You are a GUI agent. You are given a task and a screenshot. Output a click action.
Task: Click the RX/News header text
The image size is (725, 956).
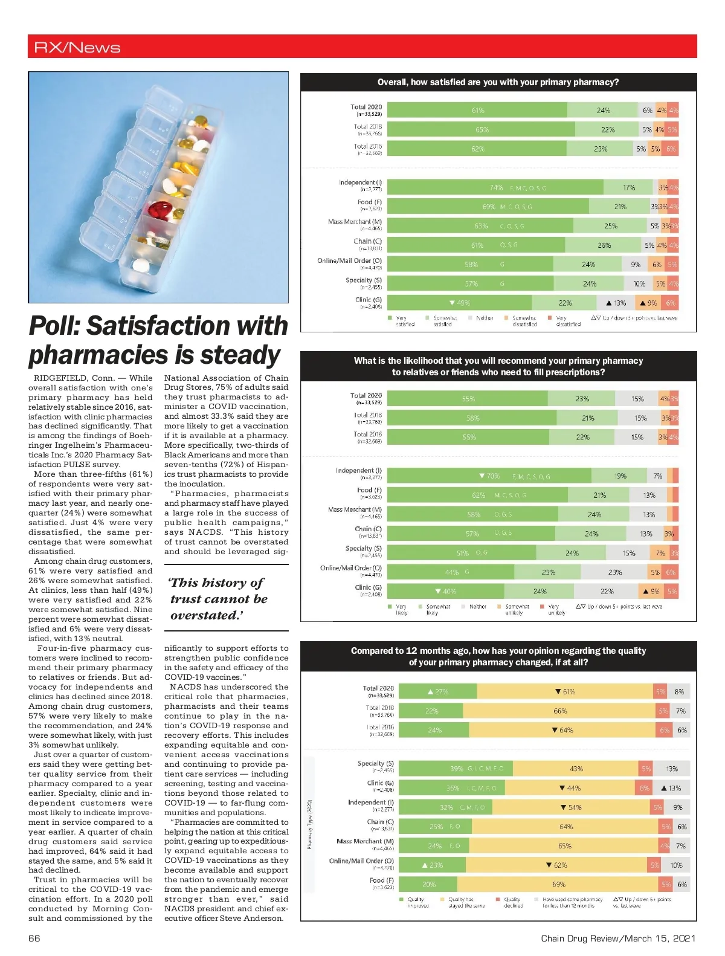point(77,47)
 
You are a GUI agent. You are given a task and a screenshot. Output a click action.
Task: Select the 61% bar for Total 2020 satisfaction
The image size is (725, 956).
point(477,110)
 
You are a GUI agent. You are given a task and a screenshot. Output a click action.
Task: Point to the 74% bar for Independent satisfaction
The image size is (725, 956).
point(495,187)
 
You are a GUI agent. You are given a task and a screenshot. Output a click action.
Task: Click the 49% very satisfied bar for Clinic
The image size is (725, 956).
point(460,303)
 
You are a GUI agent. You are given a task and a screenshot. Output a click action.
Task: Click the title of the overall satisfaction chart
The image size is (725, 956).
point(498,82)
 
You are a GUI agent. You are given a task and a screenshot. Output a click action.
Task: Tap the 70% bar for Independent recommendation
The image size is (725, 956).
point(489,476)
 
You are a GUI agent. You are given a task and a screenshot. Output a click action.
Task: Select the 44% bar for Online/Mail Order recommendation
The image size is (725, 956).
point(451,572)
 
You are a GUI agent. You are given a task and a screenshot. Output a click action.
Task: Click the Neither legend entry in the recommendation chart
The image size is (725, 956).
point(477,607)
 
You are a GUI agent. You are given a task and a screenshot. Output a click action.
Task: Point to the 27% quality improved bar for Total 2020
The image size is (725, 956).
point(438,692)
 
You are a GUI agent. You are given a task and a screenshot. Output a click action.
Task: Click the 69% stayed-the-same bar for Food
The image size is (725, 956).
point(558,884)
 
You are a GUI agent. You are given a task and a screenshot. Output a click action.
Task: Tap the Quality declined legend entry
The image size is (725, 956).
point(512,902)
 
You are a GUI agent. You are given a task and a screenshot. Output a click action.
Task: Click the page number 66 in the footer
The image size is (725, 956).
point(34,938)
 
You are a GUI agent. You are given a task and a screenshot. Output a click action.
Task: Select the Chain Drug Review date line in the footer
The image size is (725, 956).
point(617,938)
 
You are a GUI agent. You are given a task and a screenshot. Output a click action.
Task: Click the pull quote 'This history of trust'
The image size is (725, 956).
point(217,599)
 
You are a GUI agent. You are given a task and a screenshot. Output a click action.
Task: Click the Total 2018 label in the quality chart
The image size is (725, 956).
point(379,708)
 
